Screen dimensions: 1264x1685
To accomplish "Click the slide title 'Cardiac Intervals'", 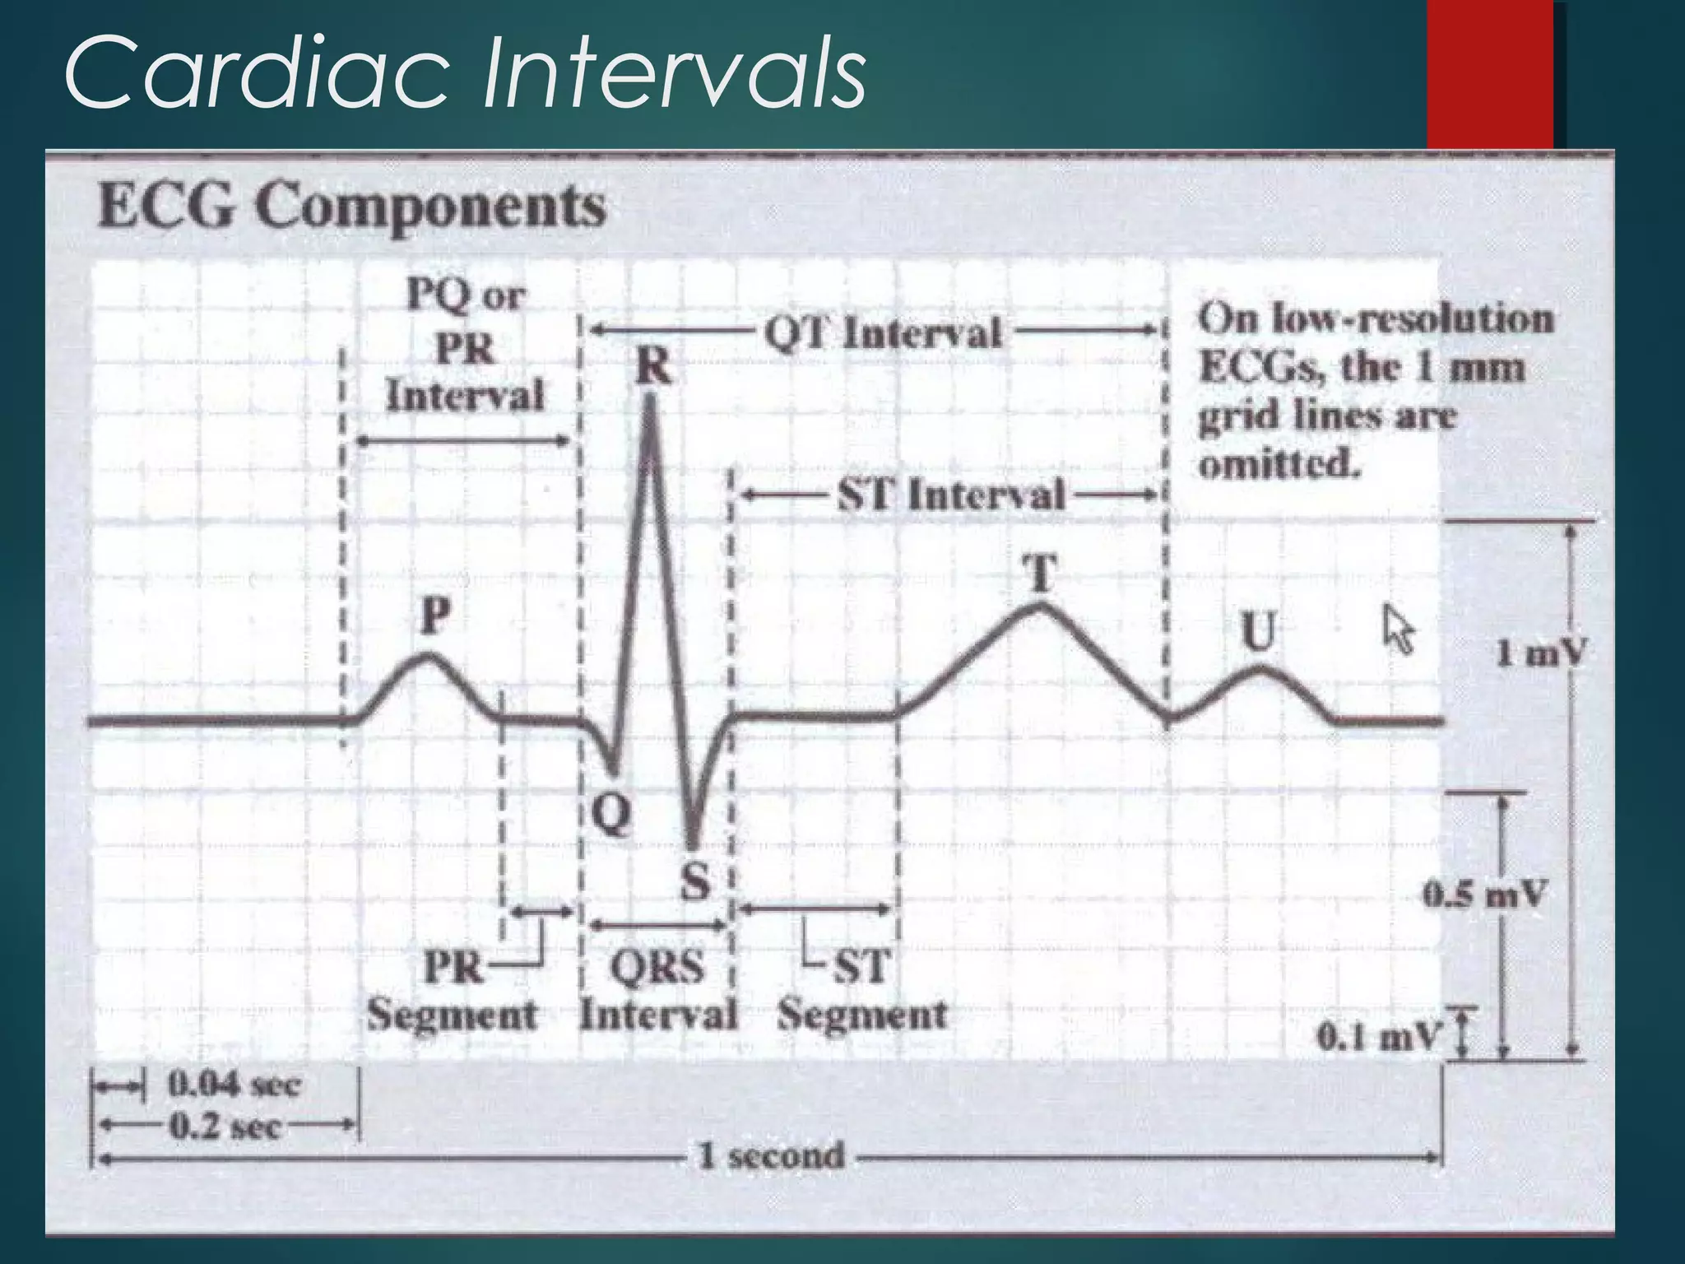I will (x=465, y=72).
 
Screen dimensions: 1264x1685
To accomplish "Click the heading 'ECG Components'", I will (x=352, y=207).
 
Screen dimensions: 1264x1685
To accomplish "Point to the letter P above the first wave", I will (x=435, y=616).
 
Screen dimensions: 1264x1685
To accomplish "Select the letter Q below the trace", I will (x=612, y=815).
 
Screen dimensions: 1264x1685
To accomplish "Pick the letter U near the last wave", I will (x=1258, y=632).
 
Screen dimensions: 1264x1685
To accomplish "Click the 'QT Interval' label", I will (x=883, y=333).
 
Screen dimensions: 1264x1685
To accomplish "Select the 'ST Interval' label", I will (x=951, y=495).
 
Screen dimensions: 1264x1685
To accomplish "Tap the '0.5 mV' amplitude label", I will (x=1485, y=894).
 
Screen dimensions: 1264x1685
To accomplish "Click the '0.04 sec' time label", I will (x=234, y=1085).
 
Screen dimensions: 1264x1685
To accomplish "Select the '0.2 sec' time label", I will (x=224, y=1126).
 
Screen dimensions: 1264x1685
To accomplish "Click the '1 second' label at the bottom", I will (x=771, y=1156).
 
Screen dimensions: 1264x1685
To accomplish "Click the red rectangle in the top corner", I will (x=1489, y=74).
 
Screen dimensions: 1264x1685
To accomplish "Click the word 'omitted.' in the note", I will (x=1279, y=466).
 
